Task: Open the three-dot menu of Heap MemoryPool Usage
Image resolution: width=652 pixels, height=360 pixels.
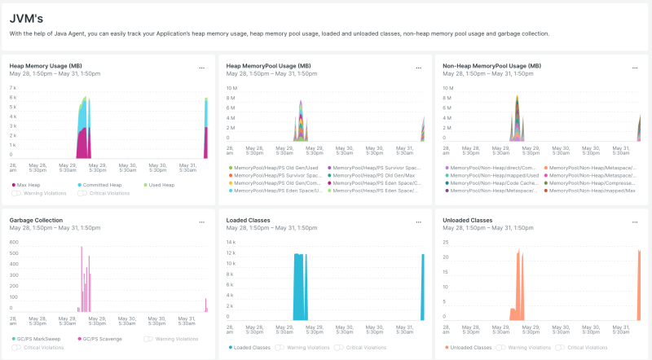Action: click(x=418, y=68)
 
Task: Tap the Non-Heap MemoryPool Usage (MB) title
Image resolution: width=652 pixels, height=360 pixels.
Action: click(x=491, y=65)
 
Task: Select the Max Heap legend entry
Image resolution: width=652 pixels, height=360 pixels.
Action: click(x=29, y=185)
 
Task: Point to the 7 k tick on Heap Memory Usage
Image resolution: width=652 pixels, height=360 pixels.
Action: click(x=12, y=87)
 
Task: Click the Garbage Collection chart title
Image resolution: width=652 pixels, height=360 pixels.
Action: click(x=36, y=220)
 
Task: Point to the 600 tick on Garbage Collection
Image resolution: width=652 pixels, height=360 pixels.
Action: click(x=13, y=242)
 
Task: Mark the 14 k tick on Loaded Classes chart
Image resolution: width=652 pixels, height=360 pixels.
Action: click(x=231, y=242)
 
